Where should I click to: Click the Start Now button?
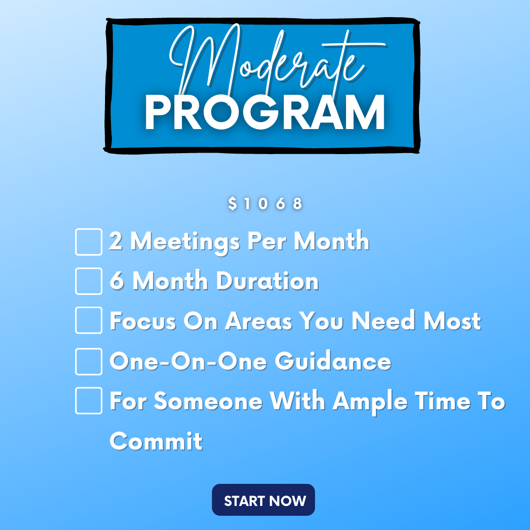pyautogui.click(x=264, y=500)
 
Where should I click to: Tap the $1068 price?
pyautogui.click(x=265, y=204)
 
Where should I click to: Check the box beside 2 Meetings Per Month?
pyautogui.click(x=88, y=241)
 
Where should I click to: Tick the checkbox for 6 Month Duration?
pyautogui.click(x=88, y=281)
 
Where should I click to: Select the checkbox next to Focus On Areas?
pyautogui.click(x=88, y=320)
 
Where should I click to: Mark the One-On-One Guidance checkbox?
pyautogui.click(x=88, y=361)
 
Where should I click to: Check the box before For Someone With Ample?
pyautogui.click(x=88, y=400)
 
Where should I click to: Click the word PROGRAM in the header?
pyautogui.click(x=265, y=112)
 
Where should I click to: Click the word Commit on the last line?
pyautogui.click(x=156, y=441)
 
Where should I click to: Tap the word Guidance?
pyautogui.click(x=333, y=361)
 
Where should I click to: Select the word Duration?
pyautogui.click(x=267, y=281)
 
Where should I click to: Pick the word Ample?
pyautogui.click(x=370, y=402)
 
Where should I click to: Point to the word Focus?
pyautogui.click(x=143, y=320)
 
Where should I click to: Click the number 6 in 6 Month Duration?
pyautogui.click(x=116, y=281)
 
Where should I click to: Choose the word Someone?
pyautogui.click(x=208, y=401)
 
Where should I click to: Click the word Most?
pyautogui.click(x=452, y=320)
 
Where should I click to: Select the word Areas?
pyautogui.click(x=259, y=320)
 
